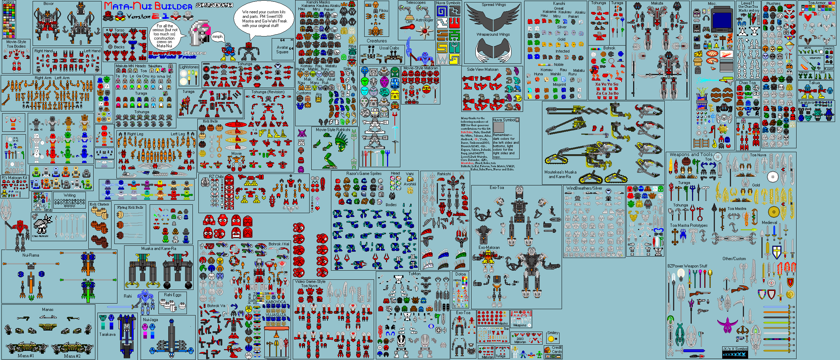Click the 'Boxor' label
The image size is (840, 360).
coord(48,4)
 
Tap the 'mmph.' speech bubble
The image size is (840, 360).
coord(218,37)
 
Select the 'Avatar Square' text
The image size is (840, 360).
coord(282,49)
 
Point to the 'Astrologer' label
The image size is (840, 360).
coord(424,20)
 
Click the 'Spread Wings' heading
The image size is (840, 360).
coord(493,5)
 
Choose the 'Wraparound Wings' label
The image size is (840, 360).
coord(493,34)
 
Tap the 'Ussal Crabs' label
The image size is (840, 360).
coord(389,48)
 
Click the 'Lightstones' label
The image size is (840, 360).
coord(189,67)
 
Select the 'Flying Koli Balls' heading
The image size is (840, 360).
coord(130,207)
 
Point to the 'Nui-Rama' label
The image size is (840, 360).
coord(31,255)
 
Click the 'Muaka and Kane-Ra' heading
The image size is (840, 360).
coord(158,249)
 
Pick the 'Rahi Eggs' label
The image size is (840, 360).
coord(172,295)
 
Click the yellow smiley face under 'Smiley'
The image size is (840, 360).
coord(551,339)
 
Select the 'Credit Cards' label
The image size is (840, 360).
coord(557,349)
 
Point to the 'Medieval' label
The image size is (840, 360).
coord(769,223)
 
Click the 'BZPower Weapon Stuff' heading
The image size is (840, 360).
coord(687,266)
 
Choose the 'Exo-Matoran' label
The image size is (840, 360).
coord(489,247)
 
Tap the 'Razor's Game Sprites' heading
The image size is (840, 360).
coord(364,174)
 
